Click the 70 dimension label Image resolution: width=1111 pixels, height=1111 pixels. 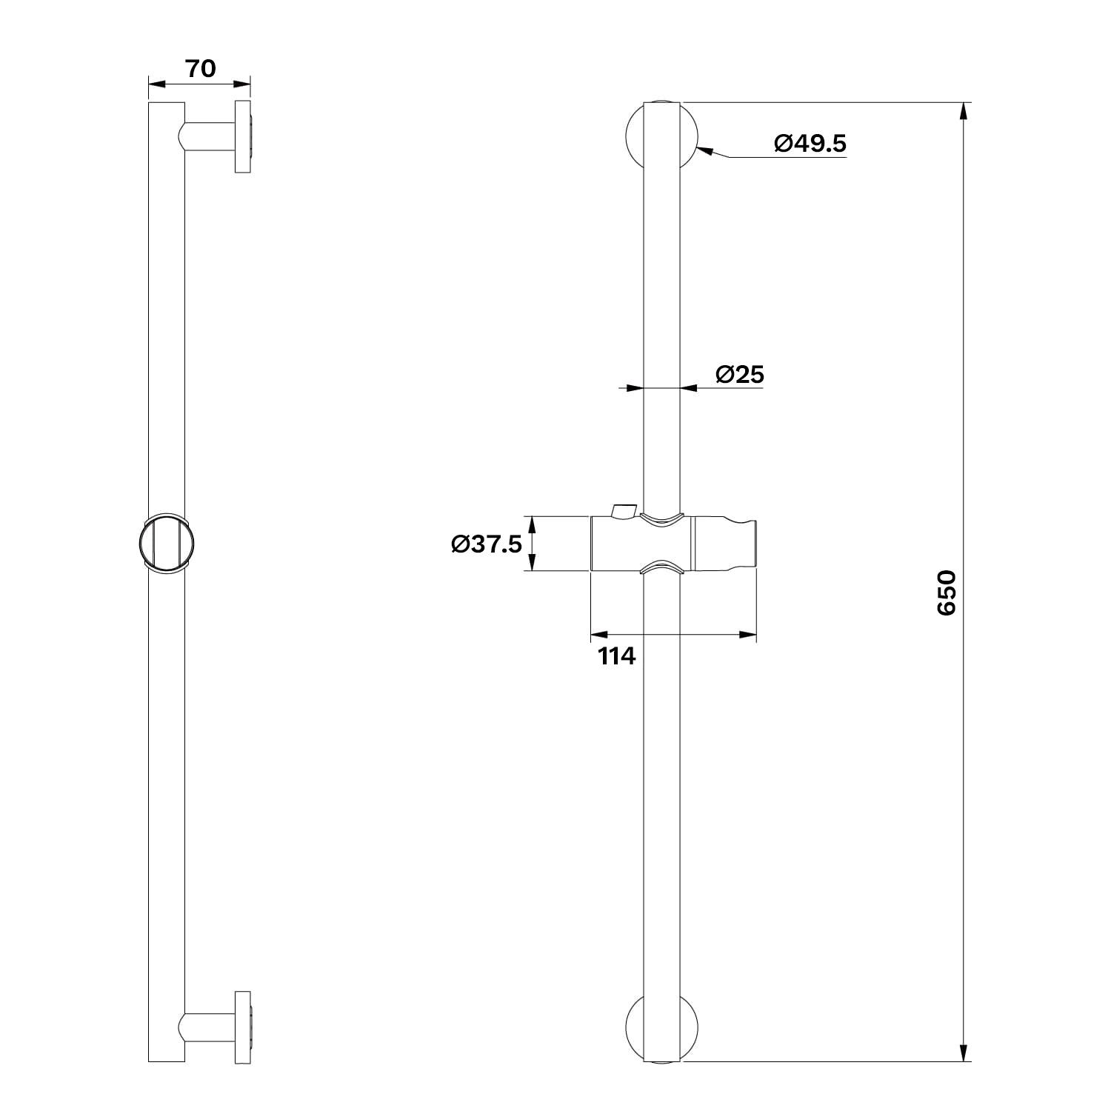coord(200,68)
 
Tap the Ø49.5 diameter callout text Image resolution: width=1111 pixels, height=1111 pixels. coord(810,142)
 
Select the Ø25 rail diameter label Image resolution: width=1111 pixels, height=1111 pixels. coord(740,374)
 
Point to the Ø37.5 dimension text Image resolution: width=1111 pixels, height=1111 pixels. coord(487,544)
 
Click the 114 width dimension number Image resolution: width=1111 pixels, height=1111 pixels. coord(617,655)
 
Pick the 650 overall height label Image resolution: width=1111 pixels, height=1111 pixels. coord(947,593)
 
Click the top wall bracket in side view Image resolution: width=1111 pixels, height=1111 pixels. coord(218,137)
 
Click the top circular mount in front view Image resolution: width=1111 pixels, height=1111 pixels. coord(661,136)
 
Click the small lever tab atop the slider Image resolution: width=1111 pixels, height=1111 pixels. coord(623,510)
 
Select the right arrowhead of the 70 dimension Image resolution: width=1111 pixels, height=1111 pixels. coord(241,84)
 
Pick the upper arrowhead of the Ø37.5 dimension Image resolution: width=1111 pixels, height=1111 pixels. coord(531,526)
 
